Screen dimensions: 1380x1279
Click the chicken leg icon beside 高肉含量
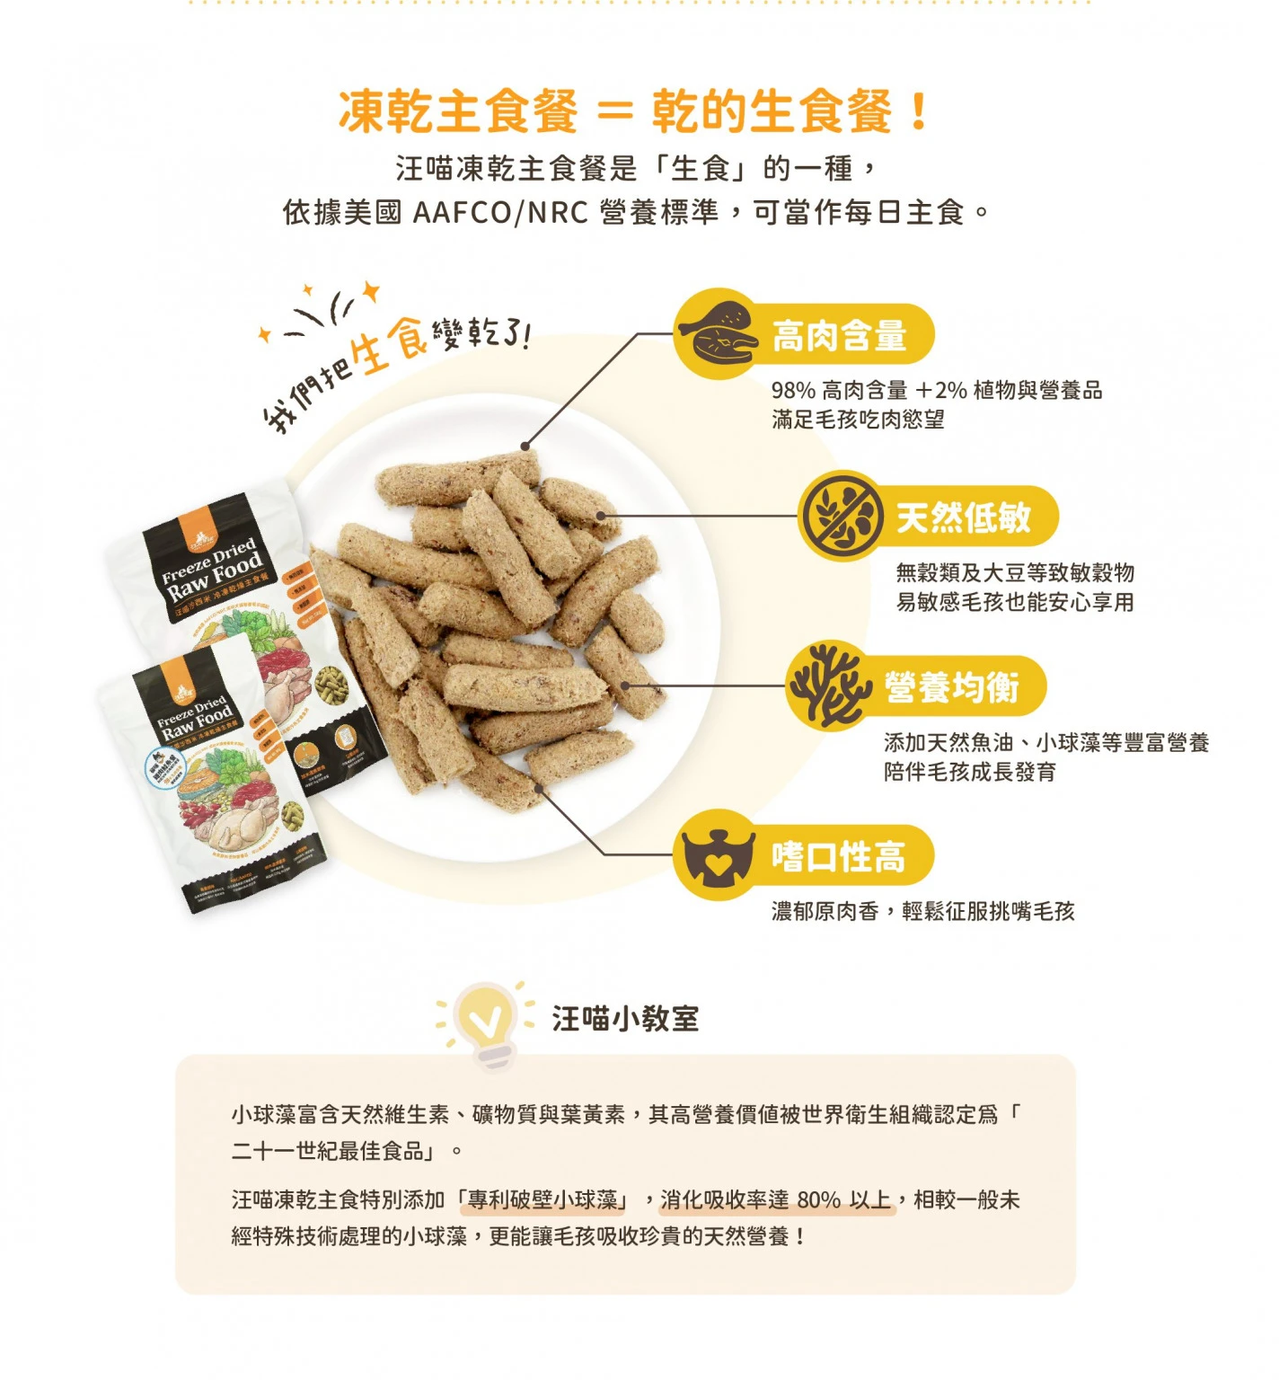716,333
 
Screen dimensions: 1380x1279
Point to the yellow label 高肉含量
839,336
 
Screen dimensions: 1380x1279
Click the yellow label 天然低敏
963,517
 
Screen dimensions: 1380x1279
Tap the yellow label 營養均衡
951,687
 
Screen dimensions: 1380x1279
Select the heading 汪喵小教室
625,1019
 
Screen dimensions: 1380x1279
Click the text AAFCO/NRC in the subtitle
499,213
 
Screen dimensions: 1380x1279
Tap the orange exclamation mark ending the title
918,111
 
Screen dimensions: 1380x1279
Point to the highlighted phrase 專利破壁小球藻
542,1199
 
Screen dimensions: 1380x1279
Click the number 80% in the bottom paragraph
818,1199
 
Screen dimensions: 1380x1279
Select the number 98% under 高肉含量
793,390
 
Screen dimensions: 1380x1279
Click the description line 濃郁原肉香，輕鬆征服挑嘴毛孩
922,911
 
